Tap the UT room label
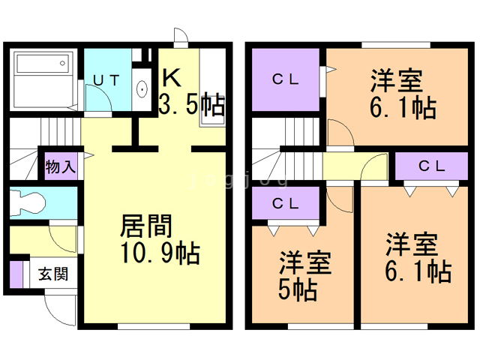point(106,79)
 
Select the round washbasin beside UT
point(142,90)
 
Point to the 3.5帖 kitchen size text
point(192,104)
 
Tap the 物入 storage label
point(60,166)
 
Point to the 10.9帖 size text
point(160,254)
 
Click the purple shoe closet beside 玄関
point(16,274)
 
